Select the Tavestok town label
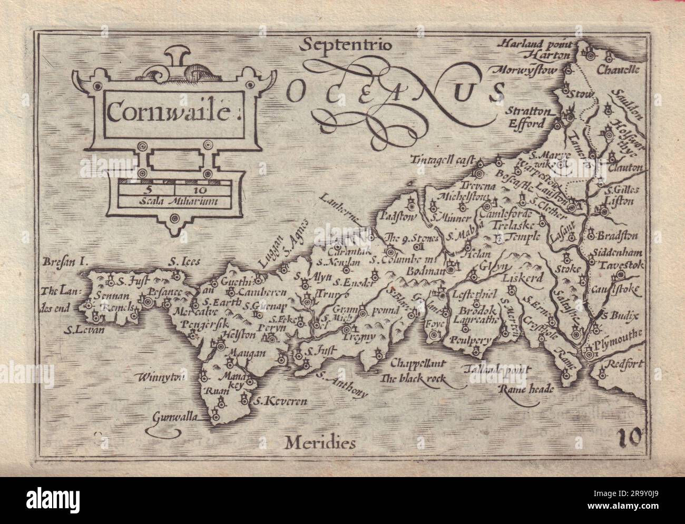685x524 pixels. point(620,263)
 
